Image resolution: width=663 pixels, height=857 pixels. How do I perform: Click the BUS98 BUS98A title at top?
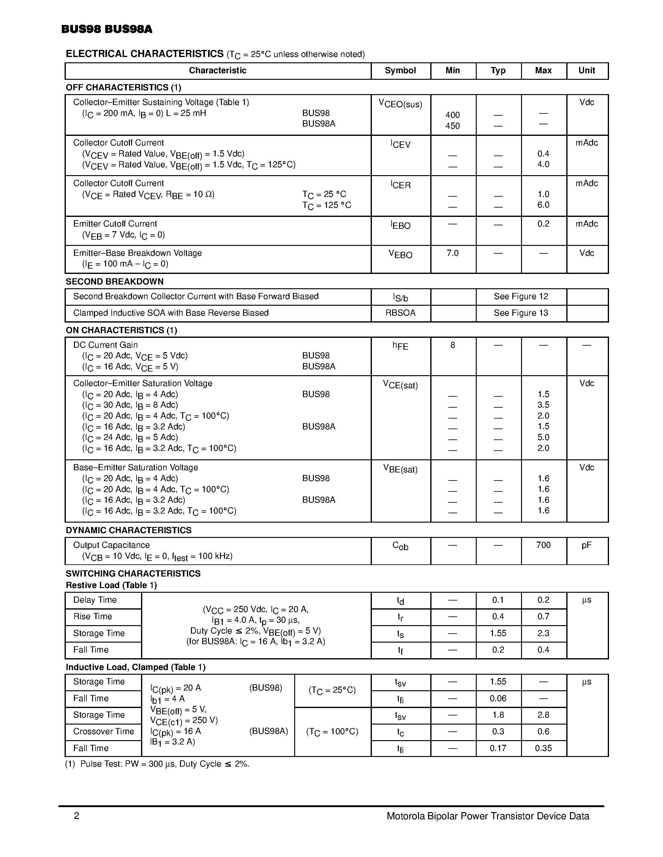[x=106, y=29]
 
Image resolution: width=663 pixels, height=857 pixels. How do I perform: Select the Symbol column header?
[x=400, y=71]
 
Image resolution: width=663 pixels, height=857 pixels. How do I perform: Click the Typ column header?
[x=498, y=71]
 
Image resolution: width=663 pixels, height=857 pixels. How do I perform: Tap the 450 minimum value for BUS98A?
[x=452, y=126]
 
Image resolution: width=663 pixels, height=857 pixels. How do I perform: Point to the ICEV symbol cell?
[x=400, y=144]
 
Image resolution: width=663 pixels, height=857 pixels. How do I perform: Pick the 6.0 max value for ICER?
[x=543, y=205]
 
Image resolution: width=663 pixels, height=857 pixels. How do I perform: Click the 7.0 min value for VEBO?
[x=452, y=253]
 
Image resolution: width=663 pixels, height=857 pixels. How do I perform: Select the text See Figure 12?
[x=520, y=297]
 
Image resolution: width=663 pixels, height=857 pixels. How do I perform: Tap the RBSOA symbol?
[x=400, y=313]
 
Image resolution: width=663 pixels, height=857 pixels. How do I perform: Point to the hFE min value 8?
[x=452, y=345]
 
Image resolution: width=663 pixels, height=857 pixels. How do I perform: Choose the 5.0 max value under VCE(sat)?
[x=543, y=438]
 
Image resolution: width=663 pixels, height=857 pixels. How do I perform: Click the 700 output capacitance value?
[x=543, y=545]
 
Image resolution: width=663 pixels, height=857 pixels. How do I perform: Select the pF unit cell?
[x=587, y=545]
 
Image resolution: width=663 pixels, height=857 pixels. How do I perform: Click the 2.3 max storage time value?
[x=543, y=633]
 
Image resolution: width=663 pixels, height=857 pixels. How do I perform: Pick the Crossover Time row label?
[x=104, y=731]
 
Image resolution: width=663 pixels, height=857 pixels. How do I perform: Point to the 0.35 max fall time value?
[x=543, y=748]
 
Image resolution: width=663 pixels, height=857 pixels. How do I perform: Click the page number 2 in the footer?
[x=76, y=816]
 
